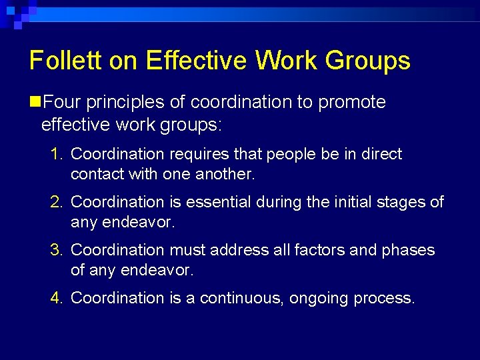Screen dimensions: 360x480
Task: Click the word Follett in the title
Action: pos(63,61)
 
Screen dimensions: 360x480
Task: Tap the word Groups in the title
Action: pos(368,61)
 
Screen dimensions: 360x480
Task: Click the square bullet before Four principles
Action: pos(35,102)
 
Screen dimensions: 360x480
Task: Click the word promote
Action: pos(353,102)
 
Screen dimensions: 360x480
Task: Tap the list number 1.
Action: pos(56,154)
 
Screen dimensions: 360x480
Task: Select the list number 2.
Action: pos(56,202)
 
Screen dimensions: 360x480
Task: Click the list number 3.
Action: pos(56,250)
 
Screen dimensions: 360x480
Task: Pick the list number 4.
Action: pos(56,298)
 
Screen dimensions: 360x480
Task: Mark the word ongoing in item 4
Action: pos(320,298)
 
